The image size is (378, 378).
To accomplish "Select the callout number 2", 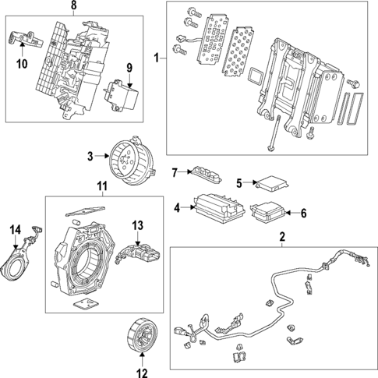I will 282,236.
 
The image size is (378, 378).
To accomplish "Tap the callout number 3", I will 90,156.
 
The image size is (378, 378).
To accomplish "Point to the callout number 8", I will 73,6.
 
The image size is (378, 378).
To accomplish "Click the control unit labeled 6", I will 270,213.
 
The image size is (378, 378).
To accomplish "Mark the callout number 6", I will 304,212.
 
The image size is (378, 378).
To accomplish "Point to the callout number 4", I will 177,207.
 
